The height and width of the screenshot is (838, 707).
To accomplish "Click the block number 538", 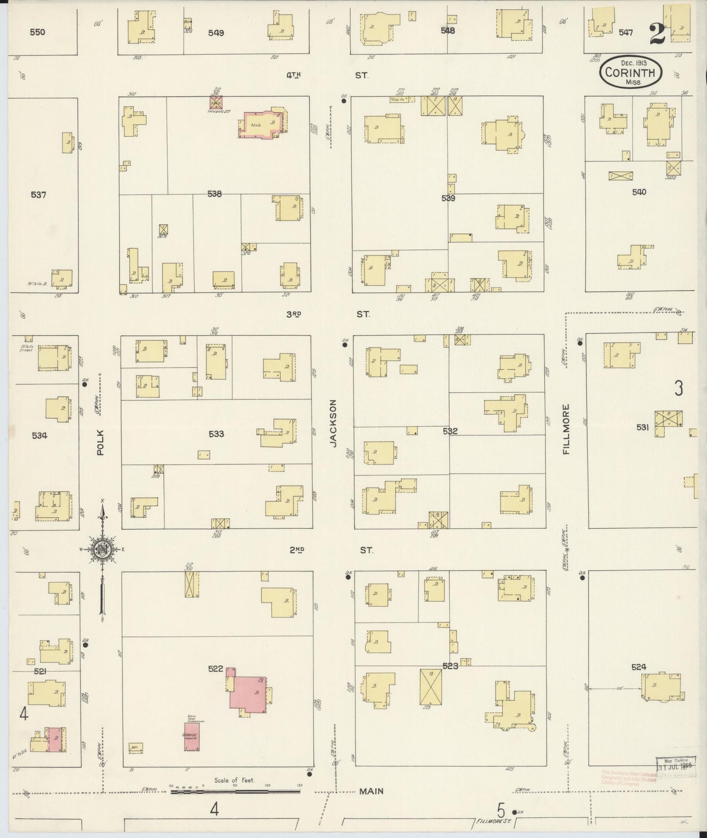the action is click(x=214, y=194).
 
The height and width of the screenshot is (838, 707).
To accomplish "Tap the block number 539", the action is click(x=448, y=198).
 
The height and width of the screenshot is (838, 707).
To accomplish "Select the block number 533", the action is click(x=216, y=434).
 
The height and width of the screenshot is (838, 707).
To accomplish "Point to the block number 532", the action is click(x=450, y=431).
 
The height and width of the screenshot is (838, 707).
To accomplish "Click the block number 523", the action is click(x=450, y=666).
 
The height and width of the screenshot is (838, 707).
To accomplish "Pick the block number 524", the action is click(x=639, y=667).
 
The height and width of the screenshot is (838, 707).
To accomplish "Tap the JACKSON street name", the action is click(x=334, y=423).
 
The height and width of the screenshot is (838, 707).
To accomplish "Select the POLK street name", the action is click(x=101, y=442).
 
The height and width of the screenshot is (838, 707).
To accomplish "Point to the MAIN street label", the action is click(x=371, y=791).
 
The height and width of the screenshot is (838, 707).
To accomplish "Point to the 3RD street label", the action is click(x=294, y=314).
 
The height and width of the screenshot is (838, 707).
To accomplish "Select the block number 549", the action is click(x=216, y=33).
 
